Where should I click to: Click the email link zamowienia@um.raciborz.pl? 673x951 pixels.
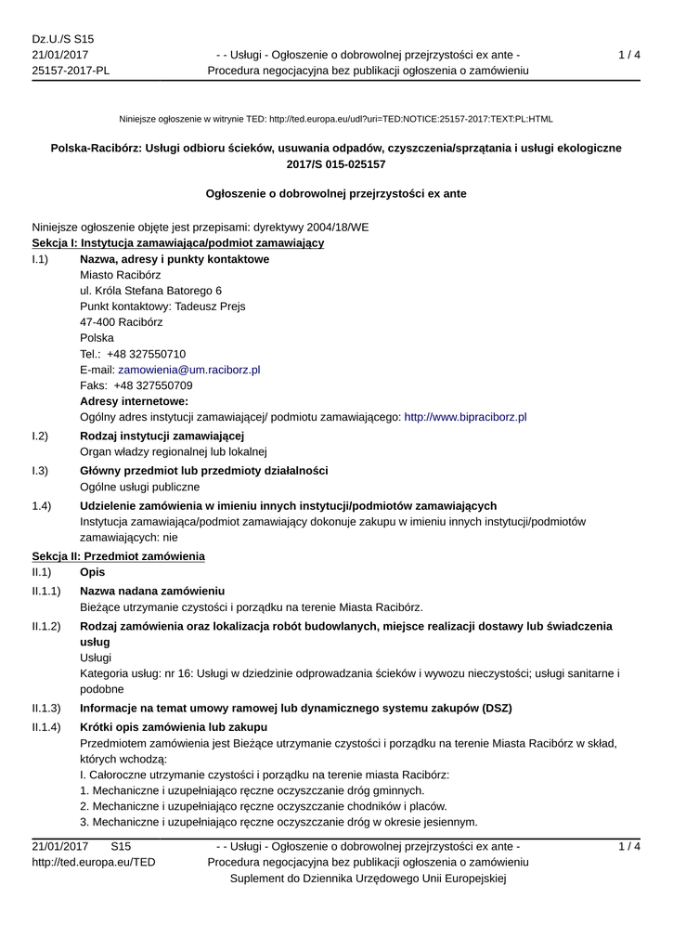(x=188, y=370)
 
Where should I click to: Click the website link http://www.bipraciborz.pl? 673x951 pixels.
(x=466, y=418)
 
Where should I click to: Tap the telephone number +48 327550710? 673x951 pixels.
(x=147, y=354)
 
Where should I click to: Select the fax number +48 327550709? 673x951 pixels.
(x=153, y=385)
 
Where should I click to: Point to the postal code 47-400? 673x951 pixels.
(x=97, y=322)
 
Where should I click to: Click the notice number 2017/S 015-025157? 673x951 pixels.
(x=336, y=164)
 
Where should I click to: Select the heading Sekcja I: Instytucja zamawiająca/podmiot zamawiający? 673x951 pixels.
(x=178, y=243)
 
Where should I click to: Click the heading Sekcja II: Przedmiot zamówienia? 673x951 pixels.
(x=119, y=556)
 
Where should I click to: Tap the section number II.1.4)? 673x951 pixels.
(x=46, y=726)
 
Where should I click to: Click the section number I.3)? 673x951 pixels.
(x=40, y=471)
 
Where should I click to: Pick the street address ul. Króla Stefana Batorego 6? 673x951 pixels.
(x=151, y=291)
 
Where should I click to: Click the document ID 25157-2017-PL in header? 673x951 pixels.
(x=71, y=71)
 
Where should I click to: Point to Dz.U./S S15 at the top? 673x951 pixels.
(x=63, y=39)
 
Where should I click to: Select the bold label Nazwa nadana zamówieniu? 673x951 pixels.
(x=152, y=591)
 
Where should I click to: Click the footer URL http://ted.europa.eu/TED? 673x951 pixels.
(x=94, y=863)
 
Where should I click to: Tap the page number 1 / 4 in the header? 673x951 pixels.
(x=629, y=55)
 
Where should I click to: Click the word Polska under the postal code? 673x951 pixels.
(x=97, y=338)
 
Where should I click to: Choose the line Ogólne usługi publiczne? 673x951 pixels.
(x=140, y=487)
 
